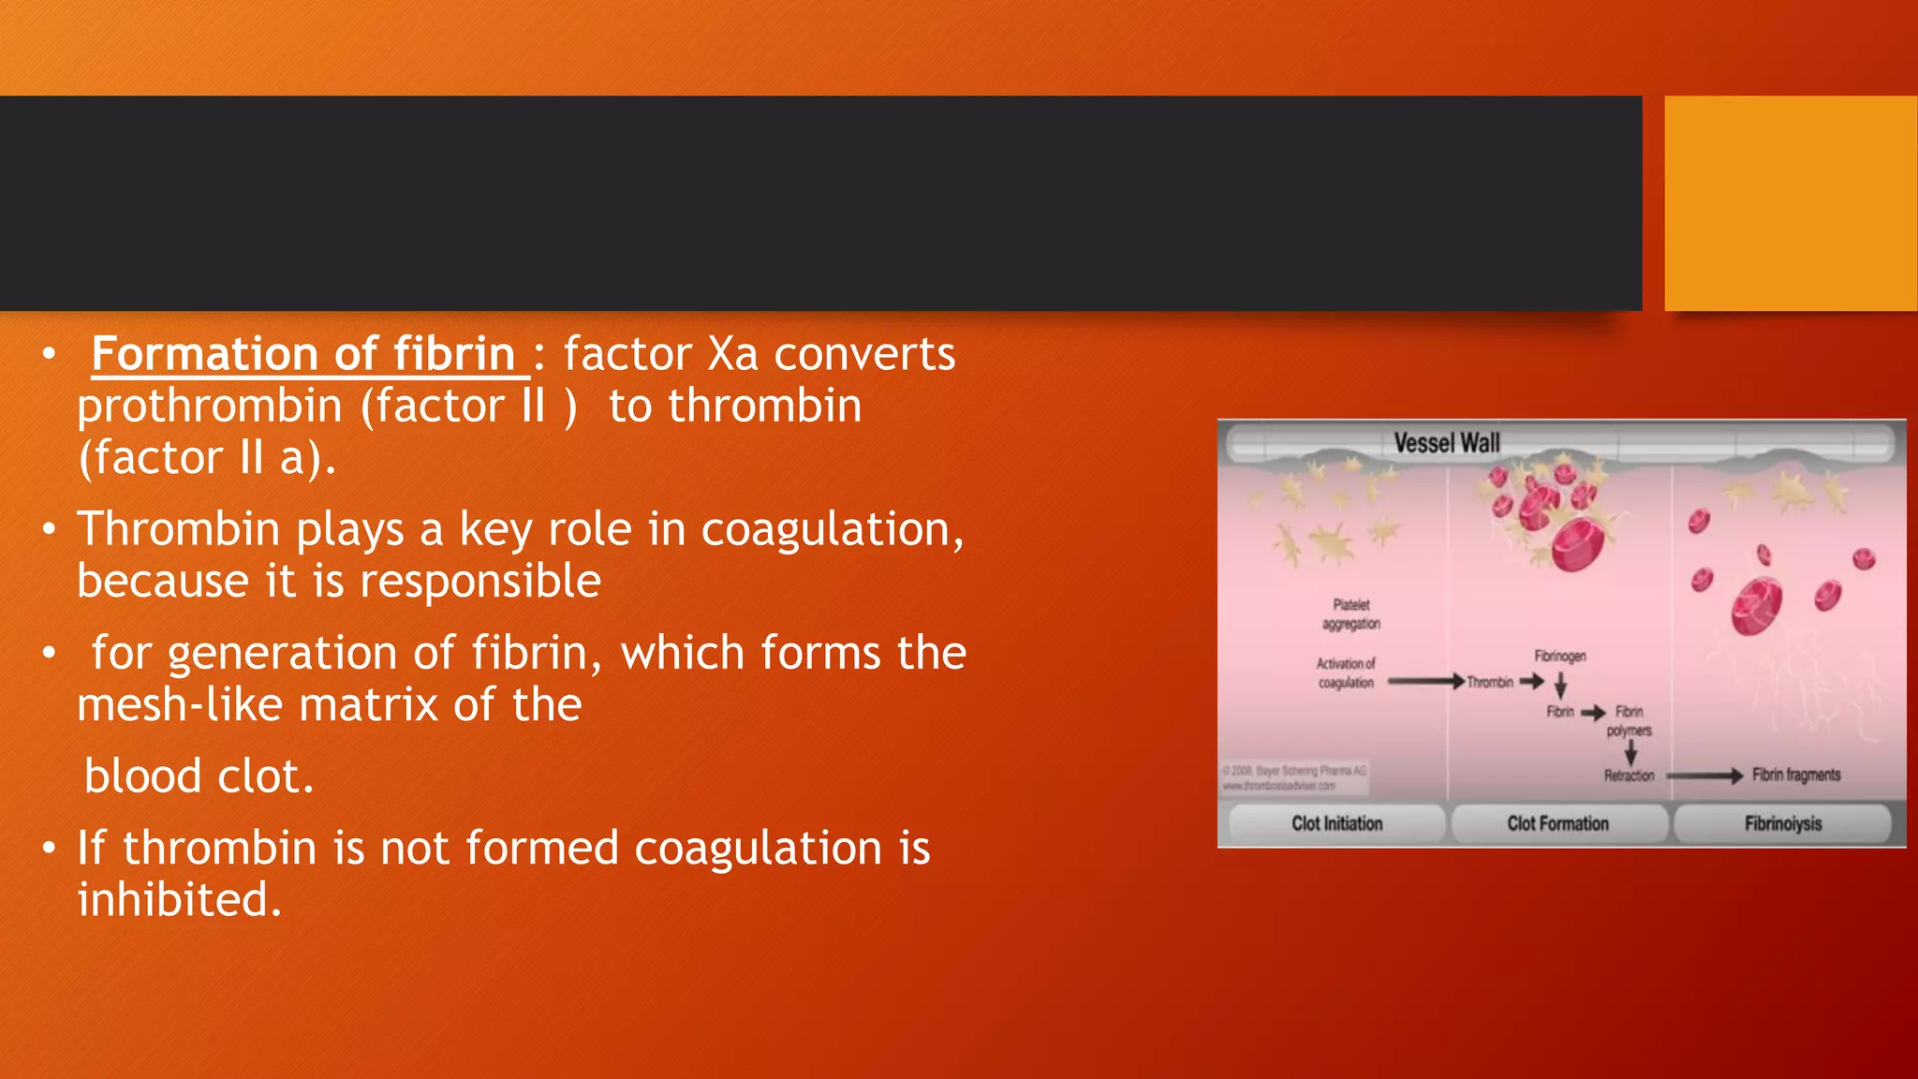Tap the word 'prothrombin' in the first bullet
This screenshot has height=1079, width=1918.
[x=210, y=407]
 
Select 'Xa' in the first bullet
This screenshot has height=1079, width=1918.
[x=732, y=355]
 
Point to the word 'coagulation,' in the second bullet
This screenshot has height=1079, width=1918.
[x=833, y=530]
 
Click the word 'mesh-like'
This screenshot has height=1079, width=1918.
[x=180, y=705]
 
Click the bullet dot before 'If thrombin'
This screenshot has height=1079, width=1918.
[x=49, y=848]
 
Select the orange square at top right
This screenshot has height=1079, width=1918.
[x=1791, y=203]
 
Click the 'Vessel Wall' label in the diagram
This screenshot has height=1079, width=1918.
[x=1447, y=442]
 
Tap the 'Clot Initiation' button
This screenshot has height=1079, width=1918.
[x=1336, y=823]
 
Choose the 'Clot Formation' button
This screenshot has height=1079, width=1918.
[x=1557, y=823]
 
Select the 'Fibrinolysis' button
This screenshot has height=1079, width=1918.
[x=1782, y=823]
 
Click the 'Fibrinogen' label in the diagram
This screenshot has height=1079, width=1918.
[x=1559, y=656]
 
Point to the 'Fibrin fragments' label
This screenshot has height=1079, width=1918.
[x=1796, y=775]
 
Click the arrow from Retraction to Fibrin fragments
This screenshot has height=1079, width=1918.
[x=1704, y=776]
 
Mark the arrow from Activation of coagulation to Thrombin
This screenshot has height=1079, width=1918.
[x=1425, y=682]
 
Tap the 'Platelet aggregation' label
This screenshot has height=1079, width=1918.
[x=1350, y=614]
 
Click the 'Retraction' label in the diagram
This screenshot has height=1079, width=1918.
[x=1629, y=776]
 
